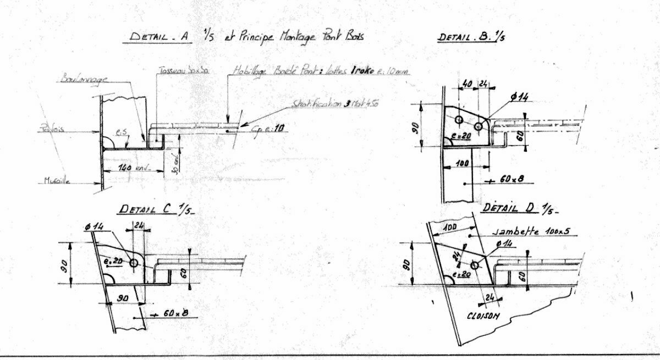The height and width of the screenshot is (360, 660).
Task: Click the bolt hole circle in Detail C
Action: [134, 264]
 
